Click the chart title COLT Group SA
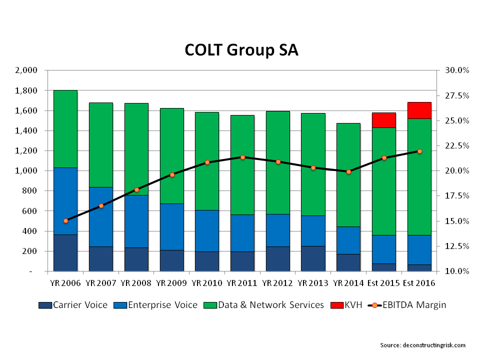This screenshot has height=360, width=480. (241, 50)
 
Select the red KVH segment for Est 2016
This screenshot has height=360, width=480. (419, 110)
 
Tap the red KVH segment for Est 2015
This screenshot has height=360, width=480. (384, 120)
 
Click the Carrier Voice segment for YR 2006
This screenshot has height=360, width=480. (65, 252)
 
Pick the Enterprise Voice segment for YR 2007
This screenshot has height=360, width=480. (101, 216)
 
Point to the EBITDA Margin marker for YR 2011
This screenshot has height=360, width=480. (243, 157)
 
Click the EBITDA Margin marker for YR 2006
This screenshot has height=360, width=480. (65, 220)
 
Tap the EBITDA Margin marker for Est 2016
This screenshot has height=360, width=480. (419, 151)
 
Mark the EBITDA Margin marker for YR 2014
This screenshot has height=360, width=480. (349, 171)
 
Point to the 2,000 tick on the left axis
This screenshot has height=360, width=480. (26, 70)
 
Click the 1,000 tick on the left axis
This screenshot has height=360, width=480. (26, 171)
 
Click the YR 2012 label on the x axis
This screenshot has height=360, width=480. (278, 283)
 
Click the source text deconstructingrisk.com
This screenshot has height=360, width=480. (422, 345)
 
